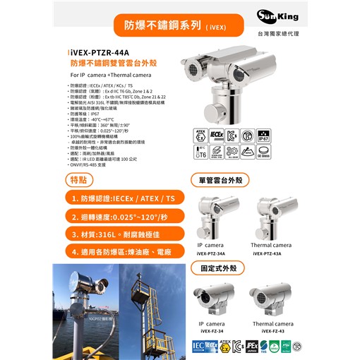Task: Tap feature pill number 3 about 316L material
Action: [x=124, y=233]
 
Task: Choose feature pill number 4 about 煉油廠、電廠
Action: [x=124, y=251]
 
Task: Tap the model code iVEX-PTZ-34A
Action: [x=212, y=252]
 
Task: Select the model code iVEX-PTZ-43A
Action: [x=271, y=252]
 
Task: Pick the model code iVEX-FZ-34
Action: [x=212, y=330]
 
